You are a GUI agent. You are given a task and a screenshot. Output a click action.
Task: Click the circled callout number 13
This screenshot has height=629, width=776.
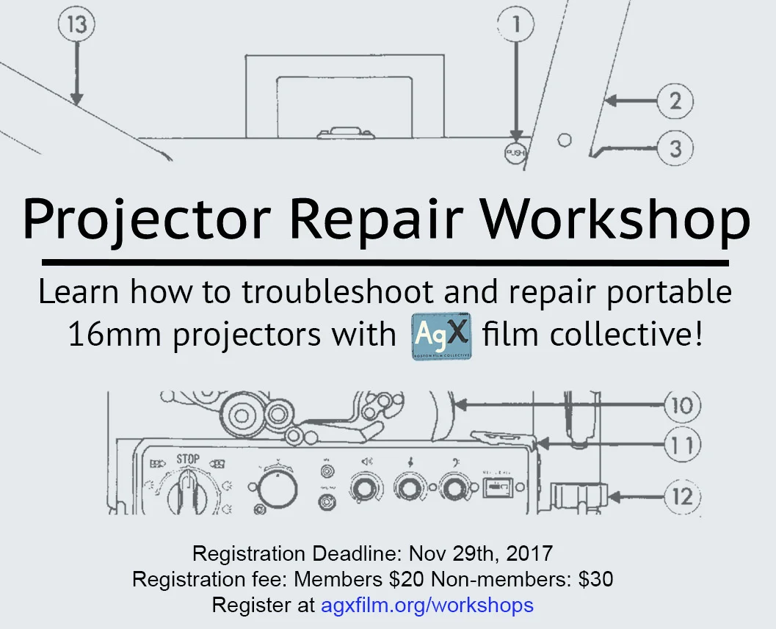click(x=77, y=25)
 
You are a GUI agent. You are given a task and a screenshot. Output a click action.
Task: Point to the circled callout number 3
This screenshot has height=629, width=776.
click(x=675, y=148)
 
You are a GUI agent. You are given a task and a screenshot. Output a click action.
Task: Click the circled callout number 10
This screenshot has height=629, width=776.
click(x=682, y=404)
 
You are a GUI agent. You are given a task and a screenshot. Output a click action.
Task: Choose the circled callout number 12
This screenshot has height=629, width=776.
click(x=682, y=497)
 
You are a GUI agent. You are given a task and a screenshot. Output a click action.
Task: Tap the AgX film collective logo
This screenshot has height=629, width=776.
click(x=440, y=335)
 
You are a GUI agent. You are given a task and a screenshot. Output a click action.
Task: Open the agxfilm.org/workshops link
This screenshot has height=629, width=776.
click(x=427, y=606)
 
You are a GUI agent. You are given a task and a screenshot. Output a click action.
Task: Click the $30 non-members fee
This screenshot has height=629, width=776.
click(x=595, y=579)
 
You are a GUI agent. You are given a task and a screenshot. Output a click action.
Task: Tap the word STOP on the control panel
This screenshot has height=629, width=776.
click(x=188, y=459)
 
